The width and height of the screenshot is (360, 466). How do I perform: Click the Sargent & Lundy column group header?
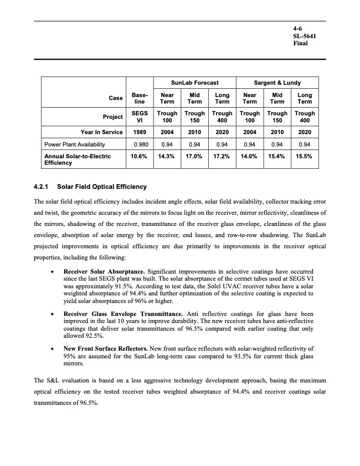click(276, 83)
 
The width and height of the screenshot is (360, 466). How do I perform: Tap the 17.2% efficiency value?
click(222, 157)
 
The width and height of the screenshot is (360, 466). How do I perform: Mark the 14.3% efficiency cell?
click(166, 157)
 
